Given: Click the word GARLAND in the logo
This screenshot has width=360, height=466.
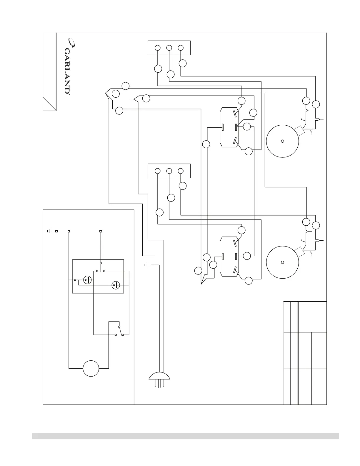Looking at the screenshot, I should tap(67, 71).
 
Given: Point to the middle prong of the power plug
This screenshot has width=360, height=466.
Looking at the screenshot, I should tap(159, 384).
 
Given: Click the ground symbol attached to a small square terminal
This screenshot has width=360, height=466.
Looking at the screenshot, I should tap(51, 231).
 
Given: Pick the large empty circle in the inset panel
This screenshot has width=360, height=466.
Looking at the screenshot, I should tap(91, 368).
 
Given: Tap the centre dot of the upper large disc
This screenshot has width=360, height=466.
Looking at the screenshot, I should tap(282, 141).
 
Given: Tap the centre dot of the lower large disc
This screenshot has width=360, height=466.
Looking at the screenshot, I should tap(282, 262).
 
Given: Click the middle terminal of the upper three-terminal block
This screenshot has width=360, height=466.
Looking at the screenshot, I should tap(169, 48).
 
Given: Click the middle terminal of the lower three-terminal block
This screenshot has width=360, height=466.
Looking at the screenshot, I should tap(169, 171).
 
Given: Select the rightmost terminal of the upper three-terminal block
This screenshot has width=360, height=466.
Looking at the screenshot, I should tap(181, 48).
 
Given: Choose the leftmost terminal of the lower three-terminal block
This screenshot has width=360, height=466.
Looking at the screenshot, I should tap(158, 171).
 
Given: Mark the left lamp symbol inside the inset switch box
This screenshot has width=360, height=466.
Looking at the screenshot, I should tap(87, 280).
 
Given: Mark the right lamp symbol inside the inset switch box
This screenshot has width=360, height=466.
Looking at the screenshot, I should tap(116, 285).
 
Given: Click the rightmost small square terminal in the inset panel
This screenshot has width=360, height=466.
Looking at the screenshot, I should tap(101, 231).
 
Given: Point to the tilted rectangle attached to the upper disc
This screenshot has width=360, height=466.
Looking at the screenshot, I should tap(299, 131).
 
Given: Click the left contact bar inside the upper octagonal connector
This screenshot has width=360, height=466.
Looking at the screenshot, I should tap(223, 127).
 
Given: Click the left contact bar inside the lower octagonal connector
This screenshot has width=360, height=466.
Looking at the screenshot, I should tap(223, 256).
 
